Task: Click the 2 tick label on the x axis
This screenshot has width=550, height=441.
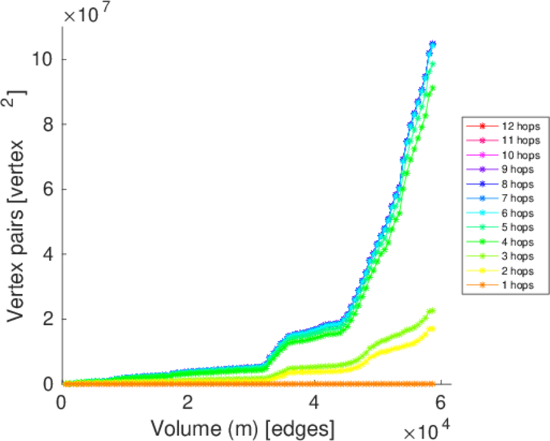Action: tap(188, 404)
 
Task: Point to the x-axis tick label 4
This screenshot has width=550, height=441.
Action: tap(314, 404)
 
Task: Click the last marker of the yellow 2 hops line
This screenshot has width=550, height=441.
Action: tap(432, 329)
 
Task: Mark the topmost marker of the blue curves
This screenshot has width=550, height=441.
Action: tap(433, 44)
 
